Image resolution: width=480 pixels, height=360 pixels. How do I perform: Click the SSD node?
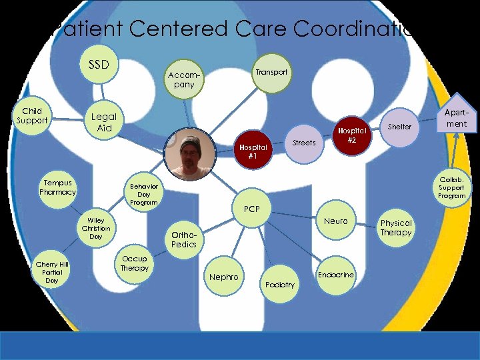99,65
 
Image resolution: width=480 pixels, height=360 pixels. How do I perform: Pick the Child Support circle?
32,116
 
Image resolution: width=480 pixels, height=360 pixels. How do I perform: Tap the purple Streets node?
305,143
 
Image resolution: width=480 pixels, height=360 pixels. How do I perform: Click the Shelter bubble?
399,127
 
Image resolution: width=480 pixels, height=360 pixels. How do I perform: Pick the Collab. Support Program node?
451,187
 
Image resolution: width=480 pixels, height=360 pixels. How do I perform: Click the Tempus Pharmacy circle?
58,187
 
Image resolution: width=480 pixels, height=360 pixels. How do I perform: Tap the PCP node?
252,209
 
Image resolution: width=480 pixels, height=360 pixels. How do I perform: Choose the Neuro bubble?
335,221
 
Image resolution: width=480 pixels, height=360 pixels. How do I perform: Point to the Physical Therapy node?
396,227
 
